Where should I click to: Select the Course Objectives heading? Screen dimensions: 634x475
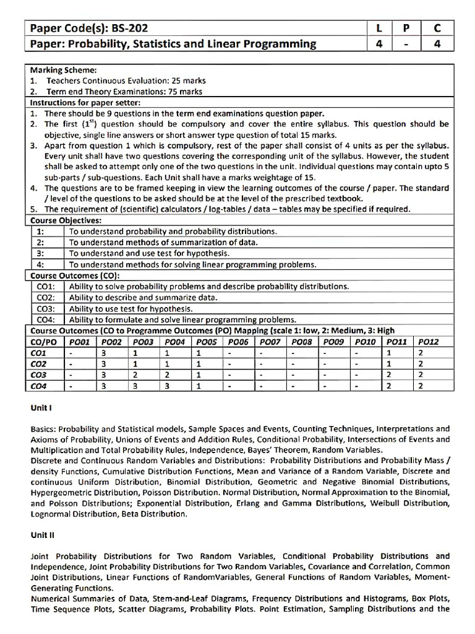click(x=66, y=220)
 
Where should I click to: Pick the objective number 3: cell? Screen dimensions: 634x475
click(x=40, y=253)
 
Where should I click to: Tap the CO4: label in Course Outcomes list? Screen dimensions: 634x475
click(x=46, y=319)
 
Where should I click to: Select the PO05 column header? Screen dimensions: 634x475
click(x=207, y=341)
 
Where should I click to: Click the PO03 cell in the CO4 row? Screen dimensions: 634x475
click(x=135, y=386)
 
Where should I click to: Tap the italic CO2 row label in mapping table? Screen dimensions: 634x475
click(x=39, y=364)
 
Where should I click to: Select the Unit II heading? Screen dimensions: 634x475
click(x=42, y=535)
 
